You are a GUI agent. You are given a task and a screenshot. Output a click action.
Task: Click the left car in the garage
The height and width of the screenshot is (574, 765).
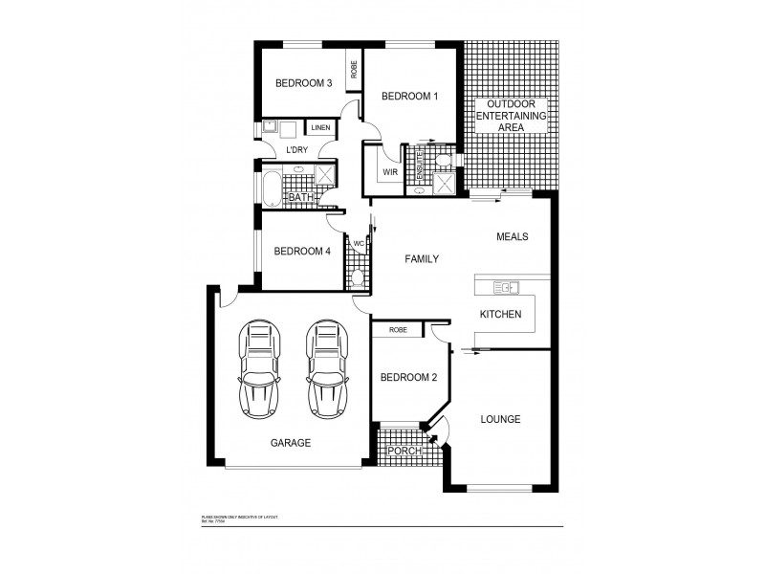(x=259, y=368)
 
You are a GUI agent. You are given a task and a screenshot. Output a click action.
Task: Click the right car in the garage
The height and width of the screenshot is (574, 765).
(x=325, y=368)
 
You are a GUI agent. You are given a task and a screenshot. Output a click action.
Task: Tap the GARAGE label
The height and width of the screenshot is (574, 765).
(x=290, y=443)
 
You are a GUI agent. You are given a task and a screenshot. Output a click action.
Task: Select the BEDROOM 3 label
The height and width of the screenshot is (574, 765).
(x=303, y=83)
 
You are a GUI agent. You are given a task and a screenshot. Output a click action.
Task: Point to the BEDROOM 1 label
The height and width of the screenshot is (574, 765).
(x=409, y=96)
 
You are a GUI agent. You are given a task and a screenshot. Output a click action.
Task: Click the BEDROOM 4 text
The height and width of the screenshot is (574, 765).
(x=301, y=252)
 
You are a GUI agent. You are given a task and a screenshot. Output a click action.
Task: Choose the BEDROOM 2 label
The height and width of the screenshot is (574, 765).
(x=408, y=377)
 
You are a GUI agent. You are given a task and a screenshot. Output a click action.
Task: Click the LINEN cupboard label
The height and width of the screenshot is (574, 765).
(x=320, y=127)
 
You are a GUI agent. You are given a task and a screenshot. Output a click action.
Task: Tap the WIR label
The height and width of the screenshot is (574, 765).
(x=390, y=172)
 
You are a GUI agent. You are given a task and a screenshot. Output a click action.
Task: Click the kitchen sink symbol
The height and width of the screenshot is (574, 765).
(x=505, y=286)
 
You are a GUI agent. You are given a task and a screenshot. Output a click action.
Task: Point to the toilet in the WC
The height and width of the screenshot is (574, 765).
(x=358, y=277)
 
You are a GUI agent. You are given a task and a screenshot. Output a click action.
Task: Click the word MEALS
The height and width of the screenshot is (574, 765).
(x=513, y=236)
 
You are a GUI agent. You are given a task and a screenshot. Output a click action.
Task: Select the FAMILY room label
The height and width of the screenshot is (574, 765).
(x=422, y=258)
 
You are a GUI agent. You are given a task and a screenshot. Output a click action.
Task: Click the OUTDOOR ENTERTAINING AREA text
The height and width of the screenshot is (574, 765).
(x=516, y=115)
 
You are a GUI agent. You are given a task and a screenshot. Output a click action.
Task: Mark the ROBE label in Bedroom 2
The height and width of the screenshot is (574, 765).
(x=398, y=330)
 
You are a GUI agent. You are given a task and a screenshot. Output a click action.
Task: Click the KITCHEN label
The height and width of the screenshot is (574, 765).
(x=499, y=314)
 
